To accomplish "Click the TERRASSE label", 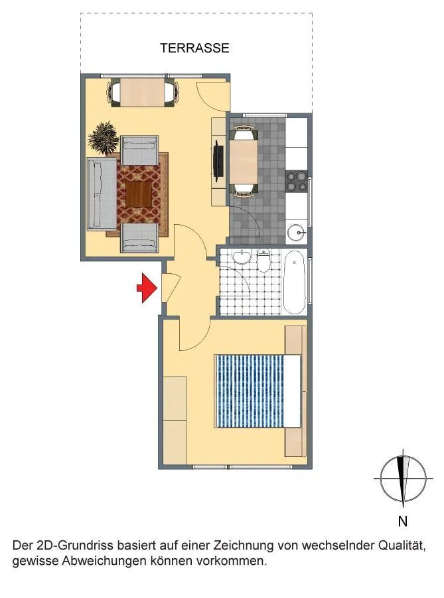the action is [x=194, y=48].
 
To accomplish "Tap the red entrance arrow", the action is [x=147, y=288].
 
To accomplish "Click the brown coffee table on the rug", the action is [x=139, y=194].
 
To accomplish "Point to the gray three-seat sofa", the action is [x=102, y=194].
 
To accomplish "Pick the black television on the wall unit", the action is [x=218, y=160].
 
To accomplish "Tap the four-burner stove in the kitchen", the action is [x=297, y=181].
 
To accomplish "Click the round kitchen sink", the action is [x=297, y=231].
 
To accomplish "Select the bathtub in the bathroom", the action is [x=295, y=282].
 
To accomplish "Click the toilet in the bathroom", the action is [x=263, y=260].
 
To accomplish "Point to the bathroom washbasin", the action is [x=242, y=257].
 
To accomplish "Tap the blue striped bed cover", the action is [x=250, y=391].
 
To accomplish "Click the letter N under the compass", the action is [x=403, y=521].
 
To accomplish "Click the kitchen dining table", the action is [x=244, y=162].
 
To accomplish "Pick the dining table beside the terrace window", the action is [x=143, y=92].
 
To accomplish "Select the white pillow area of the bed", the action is [x=293, y=391].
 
